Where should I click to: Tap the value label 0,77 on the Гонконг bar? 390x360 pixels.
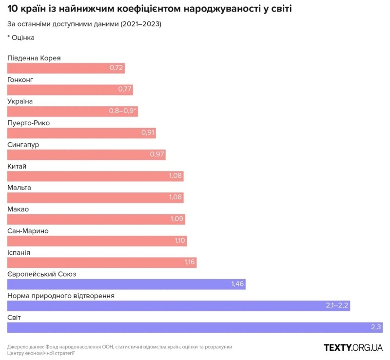point(125,90)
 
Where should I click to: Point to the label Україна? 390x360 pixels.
point(20,101)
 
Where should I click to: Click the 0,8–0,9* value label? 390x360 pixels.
point(123,112)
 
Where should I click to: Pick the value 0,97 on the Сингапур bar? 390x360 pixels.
point(157,155)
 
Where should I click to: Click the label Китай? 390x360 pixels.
point(17,167)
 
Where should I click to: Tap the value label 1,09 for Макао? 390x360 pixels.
point(176,219)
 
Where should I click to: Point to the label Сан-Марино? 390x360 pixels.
point(28,231)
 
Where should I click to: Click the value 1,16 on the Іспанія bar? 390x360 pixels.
point(190,263)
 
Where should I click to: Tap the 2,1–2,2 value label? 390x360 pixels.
point(337,306)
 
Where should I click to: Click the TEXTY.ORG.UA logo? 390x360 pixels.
point(353,347)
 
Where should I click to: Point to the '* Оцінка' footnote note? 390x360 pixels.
point(21,38)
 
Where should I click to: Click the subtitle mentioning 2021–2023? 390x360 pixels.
point(84,24)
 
